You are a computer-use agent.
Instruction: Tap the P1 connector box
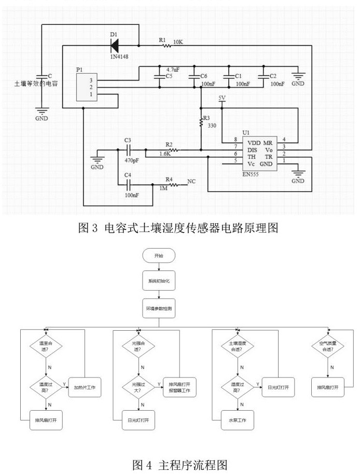click(86, 87)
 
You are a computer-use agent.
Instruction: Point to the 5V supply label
click(223, 98)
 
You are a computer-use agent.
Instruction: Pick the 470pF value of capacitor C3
click(132, 160)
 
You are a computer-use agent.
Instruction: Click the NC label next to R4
click(191, 182)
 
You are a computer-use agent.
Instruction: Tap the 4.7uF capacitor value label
click(173, 69)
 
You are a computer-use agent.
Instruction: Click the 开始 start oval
click(159, 256)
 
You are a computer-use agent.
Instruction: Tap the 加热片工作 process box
click(85, 387)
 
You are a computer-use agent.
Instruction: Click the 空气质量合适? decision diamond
click(328, 346)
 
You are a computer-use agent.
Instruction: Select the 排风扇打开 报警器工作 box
click(180, 387)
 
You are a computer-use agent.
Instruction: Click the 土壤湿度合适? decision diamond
click(238, 346)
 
